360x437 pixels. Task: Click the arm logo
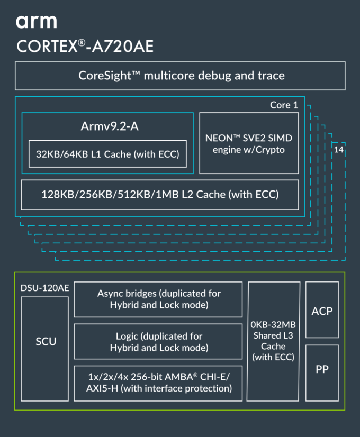click(36, 22)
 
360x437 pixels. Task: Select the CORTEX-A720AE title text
click(85, 46)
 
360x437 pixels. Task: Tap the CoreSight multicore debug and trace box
click(180, 76)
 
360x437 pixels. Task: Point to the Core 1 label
click(284, 105)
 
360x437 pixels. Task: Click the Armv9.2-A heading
click(110, 126)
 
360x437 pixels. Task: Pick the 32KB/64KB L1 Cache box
click(107, 154)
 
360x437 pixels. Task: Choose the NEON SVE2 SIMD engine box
click(249, 143)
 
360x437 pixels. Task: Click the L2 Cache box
click(160, 195)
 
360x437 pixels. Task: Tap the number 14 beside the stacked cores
click(338, 150)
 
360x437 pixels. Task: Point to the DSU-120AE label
click(44, 288)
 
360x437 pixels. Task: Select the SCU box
click(44, 349)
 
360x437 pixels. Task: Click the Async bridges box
click(158, 299)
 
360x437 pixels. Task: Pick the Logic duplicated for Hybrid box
click(158, 341)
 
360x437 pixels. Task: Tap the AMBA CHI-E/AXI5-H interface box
click(158, 384)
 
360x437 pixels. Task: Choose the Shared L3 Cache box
click(273, 341)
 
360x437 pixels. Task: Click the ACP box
click(322, 309)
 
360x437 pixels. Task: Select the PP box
click(322, 373)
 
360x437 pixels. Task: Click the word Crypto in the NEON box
click(270, 150)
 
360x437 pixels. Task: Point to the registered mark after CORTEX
click(82, 43)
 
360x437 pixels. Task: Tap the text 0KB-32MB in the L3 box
click(273, 325)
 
